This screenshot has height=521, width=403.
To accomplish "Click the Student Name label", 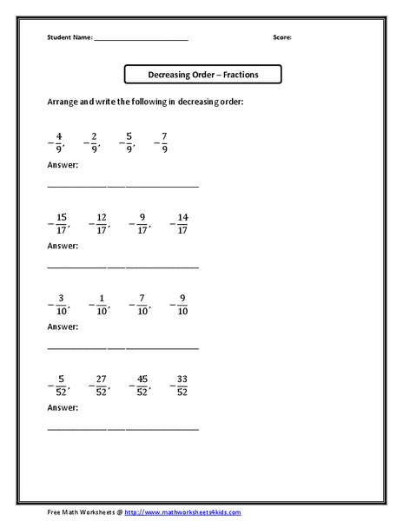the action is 69,38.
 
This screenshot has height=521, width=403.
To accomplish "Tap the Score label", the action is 283,38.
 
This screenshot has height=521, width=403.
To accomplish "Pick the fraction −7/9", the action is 162,142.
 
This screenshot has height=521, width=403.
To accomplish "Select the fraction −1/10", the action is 100,304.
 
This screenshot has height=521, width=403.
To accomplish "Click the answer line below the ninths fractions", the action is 122,185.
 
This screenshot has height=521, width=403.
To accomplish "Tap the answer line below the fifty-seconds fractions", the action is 122,428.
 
